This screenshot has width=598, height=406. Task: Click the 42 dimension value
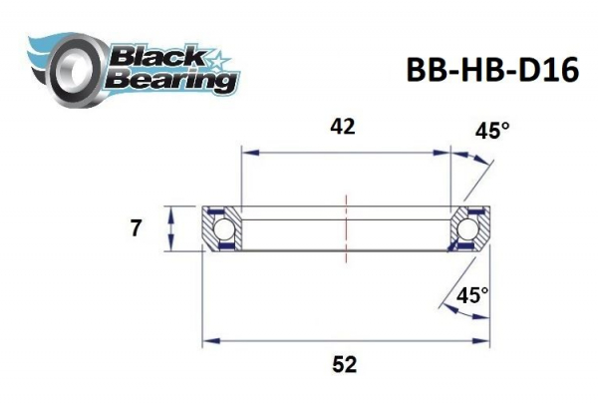(x=342, y=127)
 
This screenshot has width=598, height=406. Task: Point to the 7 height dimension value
(x=136, y=228)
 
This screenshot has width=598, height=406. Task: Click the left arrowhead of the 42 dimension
(x=245, y=153)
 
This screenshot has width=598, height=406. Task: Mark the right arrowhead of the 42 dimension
(x=447, y=153)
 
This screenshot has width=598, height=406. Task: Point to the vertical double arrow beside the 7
(x=171, y=229)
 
